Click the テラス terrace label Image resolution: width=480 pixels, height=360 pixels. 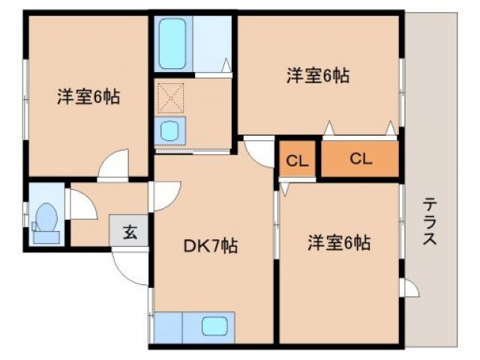click(430, 222)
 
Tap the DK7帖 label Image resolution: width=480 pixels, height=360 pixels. click(211, 245)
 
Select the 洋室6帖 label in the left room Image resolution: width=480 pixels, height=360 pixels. click(88, 97)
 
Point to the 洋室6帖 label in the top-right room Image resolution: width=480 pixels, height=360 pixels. click(318, 75)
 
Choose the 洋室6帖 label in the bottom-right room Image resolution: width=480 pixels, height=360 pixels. click(339, 243)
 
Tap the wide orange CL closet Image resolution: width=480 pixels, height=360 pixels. click(360, 159)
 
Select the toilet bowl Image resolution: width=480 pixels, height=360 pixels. click(46, 219)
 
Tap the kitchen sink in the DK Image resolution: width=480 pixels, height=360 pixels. click(215, 326)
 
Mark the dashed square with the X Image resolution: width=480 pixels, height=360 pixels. click(169, 98)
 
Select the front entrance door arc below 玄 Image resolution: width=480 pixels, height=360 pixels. click(129, 266)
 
